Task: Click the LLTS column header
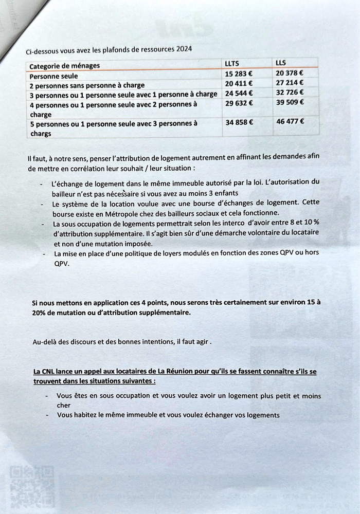pyautogui.click(x=232, y=63)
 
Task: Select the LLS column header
pyautogui.click(x=281, y=63)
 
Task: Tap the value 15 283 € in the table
pyautogui.click(x=239, y=73)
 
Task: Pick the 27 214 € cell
pyautogui.click(x=290, y=82)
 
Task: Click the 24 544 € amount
pyautogui.click(x=239, y=93)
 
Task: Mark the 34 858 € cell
pyautogui.click(x=239, y=122)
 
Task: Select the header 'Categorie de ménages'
pyautogui.click(x=65, y=66)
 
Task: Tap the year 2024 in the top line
pyautogui.click(x=184, y=49)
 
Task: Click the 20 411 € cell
pyautogui.click(x=239, y=83)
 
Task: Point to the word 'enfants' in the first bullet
pyautogui.click(x=226, y=193)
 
